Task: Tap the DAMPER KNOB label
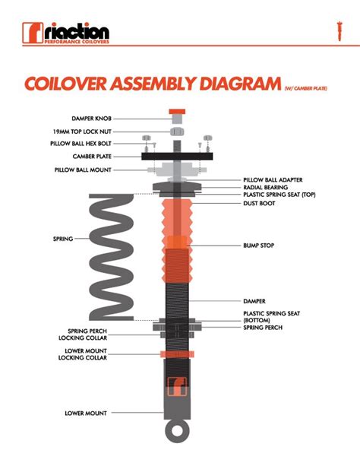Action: tap(94, 119)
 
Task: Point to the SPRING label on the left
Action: tap(62, 239)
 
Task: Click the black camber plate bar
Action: tap(175, 157)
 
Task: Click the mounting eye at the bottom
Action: tap(176, 430)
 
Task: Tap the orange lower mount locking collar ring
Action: tap(176, 354)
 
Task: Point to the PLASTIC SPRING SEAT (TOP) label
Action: tap(282, 195)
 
